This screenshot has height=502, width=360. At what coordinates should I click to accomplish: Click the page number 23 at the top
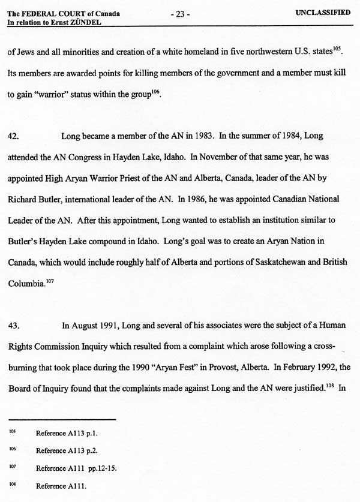pyautogui.click(x=180, y=14)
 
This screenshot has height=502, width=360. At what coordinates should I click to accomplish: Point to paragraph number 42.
pyautogui.click(x=13, y=136)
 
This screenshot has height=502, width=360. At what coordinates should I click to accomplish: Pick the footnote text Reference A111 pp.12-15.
pyautogui.click(x=76, y=467)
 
